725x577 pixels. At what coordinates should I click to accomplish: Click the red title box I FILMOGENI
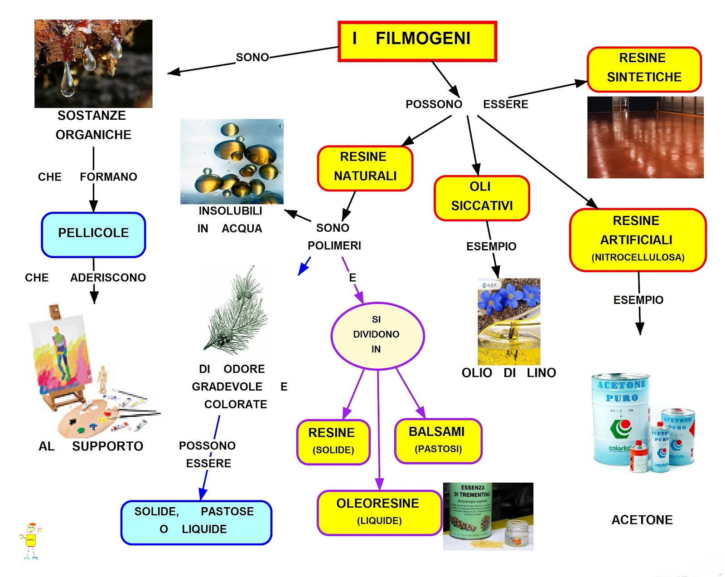(x=417, y=41)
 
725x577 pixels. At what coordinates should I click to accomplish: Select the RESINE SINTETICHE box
(x=644, y=69)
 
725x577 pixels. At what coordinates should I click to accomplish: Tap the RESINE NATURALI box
(x=365, y=168)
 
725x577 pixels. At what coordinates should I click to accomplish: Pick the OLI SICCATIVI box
(x=482, y=198)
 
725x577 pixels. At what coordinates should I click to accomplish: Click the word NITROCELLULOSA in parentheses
(x=638, y=258)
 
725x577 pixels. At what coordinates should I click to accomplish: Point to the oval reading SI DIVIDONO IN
(x=377, y=335)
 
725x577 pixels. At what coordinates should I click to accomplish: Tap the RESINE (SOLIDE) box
(x=333, y=442)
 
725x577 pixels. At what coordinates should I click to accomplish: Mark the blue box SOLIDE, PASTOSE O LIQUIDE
(x=196, y=522)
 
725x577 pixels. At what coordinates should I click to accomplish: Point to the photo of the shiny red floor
(x=645, y=137)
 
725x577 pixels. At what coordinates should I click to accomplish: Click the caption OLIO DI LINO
(x=508, y=373)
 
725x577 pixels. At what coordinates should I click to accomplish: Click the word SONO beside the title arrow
(x=252, y=58)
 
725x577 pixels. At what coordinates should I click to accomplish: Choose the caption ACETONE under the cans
(x=642, y=520)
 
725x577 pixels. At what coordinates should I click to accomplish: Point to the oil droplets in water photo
(x=232, y=161)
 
